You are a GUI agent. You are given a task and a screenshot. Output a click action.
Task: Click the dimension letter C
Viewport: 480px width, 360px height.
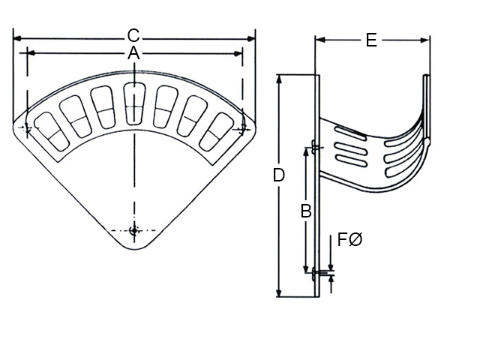(x=133, y=35)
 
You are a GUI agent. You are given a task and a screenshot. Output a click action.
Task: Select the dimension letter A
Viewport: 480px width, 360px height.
(x=133, y=52)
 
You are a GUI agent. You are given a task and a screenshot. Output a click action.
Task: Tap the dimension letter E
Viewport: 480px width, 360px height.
(x=371, y=40)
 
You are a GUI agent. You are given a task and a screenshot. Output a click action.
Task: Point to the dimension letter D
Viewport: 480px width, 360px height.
(x=278, y=175)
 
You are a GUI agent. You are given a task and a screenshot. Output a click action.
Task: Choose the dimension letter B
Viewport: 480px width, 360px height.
(x=306, y=211)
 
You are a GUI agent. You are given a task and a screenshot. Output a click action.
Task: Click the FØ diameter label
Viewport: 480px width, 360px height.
(x=350, y=240)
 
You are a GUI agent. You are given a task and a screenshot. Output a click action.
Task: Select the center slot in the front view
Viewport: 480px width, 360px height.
(x=133, y=103)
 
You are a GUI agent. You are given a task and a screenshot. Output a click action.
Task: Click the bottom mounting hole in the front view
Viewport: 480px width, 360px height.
(x=133, y=231)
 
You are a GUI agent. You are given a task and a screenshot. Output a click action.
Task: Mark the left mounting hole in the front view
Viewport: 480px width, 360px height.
(x=27, y=130)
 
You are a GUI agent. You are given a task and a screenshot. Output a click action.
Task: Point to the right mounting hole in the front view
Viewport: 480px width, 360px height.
(x=241, y=130)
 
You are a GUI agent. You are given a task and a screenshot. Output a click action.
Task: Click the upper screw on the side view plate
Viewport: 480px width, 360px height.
(x=316, y=147)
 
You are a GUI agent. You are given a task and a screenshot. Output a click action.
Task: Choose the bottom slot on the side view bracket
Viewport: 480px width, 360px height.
(x=350, y=160)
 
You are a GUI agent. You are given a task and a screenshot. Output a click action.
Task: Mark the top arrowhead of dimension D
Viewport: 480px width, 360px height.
(x=279, y=77)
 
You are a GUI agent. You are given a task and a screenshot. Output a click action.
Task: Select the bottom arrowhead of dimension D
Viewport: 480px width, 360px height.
(x=279, y=295)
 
